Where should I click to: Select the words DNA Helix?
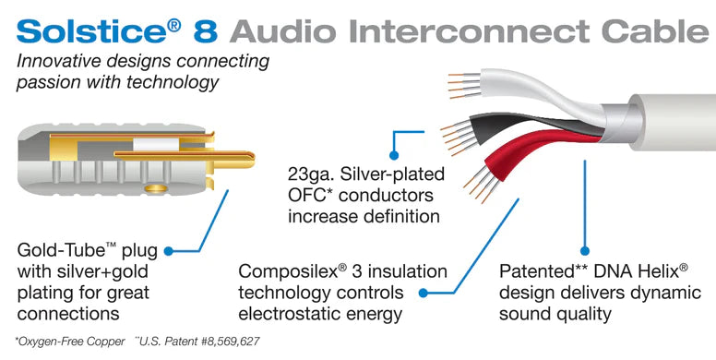tap(646, 272)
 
